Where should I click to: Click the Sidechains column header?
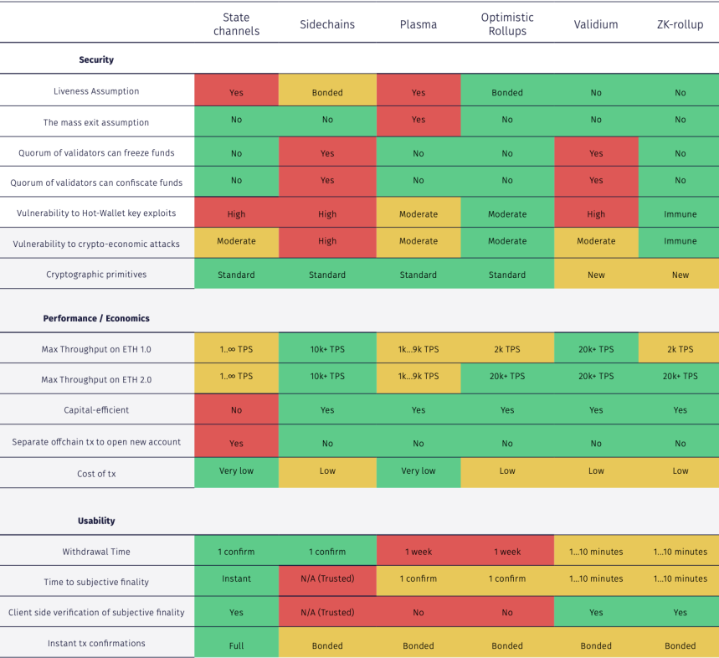click(327, 24)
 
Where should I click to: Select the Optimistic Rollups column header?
click(507, 24)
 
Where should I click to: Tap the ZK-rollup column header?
click(680, 24)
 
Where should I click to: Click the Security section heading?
click(96, 59)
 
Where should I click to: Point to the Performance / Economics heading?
click(96, 318)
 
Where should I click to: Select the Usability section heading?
click(96, 521)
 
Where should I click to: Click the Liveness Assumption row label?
click(96, 91)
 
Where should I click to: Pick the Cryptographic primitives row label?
click(96, 275)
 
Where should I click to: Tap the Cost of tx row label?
click(96, 474)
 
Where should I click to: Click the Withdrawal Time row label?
click(96, 552)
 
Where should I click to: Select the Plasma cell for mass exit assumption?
click(419, 121)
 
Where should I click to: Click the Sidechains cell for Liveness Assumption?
click(327, 90)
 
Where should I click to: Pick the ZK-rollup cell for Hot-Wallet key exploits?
click(680, 213)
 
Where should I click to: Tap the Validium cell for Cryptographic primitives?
click(596, 274)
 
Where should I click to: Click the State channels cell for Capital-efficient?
click(236, 409)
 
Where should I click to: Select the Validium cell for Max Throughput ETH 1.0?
click(596, 348)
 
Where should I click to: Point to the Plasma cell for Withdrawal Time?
click(419, 550)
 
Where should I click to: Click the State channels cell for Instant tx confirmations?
click(236, 642)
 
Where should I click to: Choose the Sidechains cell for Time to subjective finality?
click(327, 580)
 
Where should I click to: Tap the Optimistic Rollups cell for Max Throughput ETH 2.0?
click(507, 378)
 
